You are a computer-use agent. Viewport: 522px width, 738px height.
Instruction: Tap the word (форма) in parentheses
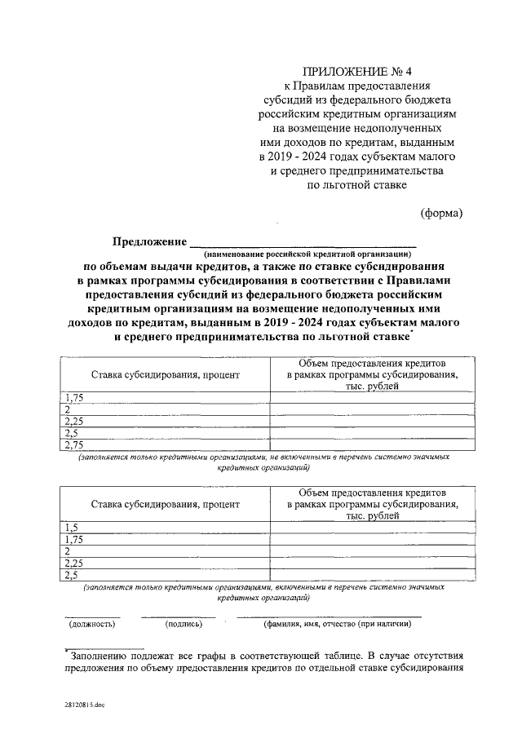coord(441,214)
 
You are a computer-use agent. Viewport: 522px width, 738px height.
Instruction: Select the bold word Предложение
coord(148,241)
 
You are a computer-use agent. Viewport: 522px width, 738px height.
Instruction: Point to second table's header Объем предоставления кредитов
coord(371,493)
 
